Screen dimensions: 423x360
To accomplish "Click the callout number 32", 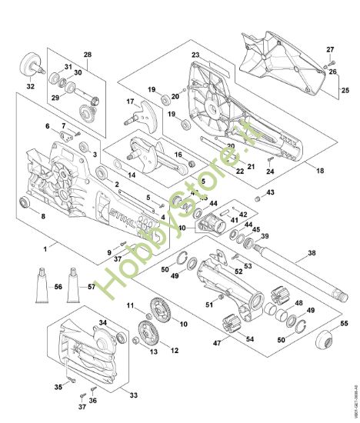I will click(31, 87).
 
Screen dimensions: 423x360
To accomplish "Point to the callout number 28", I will click(87, 55).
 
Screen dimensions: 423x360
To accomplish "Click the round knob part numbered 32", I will click(32, 64).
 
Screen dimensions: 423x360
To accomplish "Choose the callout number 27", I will click(330, 48).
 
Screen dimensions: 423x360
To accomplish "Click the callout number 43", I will click(270, 192).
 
